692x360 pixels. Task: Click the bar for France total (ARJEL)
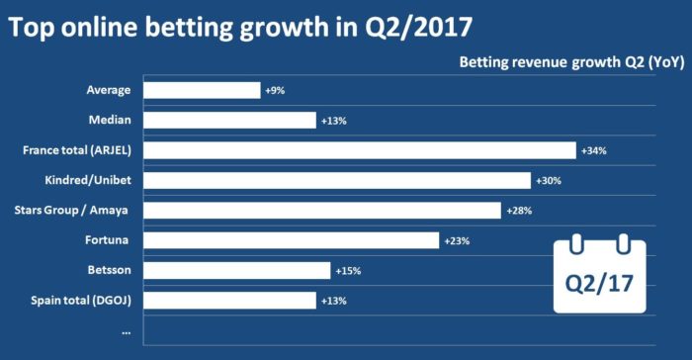point(359,150)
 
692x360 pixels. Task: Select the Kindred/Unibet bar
point(337,181)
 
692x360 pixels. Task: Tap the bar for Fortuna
point(291,240)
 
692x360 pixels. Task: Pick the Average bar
point(202,90)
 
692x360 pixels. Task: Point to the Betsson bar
point(237,270)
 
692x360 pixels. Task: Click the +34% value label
point(593,151)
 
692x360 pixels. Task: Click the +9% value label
point(275,91)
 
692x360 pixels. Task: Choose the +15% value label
point(347,271)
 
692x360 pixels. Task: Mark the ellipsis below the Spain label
point(126,331)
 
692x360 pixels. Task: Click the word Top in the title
point(35,27)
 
